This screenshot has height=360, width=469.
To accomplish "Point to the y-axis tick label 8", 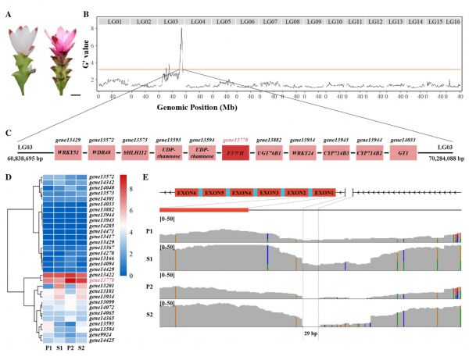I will [93, 29].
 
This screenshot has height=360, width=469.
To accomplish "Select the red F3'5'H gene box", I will [236, 151].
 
